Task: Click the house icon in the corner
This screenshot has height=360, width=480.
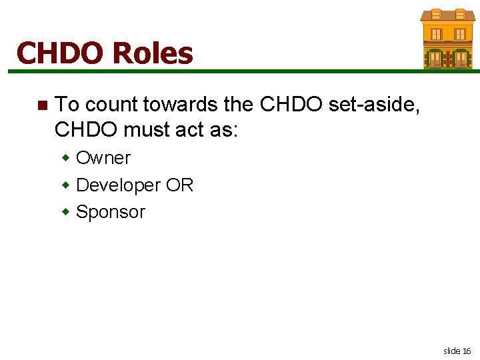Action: point(447,39)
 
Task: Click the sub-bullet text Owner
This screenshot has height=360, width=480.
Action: point(103,158)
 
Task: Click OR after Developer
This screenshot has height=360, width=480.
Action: point(179,185)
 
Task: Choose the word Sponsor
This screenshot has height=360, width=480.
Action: point(111,212)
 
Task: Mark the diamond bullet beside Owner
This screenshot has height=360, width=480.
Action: point(66,158)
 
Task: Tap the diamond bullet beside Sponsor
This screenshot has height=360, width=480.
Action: point(66,212)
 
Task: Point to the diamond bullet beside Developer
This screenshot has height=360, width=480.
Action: point(66,185)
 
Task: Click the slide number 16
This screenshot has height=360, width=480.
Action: point(467,351)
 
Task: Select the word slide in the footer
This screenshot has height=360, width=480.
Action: point(451,351)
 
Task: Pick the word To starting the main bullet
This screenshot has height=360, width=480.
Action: point(67,105)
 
